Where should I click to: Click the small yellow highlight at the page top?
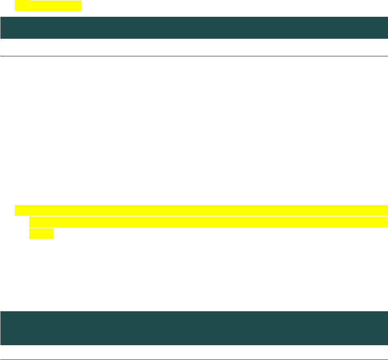[48, 6]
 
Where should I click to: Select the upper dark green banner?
[194, 28]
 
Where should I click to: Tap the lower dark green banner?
[194, 328]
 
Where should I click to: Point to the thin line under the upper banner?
[194, 56]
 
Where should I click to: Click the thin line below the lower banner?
[194, 360]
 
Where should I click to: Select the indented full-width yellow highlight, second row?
[208, 222]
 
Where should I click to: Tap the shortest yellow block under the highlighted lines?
[41, 233]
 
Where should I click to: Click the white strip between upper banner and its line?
[194, 47]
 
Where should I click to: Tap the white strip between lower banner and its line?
[194, 352]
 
